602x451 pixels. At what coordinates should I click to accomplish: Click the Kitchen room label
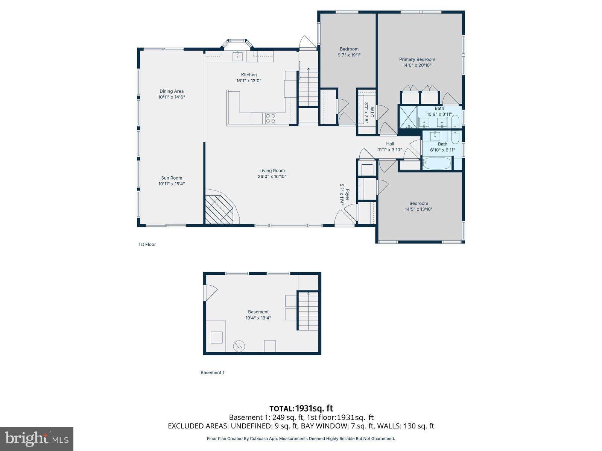(249, 75)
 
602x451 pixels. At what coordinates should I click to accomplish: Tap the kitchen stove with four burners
(271, 118)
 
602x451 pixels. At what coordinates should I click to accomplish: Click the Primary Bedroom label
(417, 59)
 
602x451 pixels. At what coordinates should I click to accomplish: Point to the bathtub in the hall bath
(436, 163)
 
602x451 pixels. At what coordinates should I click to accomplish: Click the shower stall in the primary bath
(408, 117)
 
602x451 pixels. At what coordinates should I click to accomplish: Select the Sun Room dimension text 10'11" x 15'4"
(172, 184)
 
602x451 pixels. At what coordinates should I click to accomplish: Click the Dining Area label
(172, 91)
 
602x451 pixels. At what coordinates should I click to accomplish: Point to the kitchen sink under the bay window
(237, 57)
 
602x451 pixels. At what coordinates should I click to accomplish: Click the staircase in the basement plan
(308, 311)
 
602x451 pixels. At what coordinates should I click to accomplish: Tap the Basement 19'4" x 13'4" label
(258, 315)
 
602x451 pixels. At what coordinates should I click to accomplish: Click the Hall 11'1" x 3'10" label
(390, 147)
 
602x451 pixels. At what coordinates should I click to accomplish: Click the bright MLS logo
(36, 439)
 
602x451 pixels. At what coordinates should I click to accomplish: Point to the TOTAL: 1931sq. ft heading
(301, 409)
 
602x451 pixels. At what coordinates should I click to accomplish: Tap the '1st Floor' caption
(147, 244)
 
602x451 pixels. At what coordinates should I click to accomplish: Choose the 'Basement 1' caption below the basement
(212, 372)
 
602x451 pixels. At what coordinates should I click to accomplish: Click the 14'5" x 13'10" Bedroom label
(418, 206)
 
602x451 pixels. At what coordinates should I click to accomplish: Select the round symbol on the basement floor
(239, 346)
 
